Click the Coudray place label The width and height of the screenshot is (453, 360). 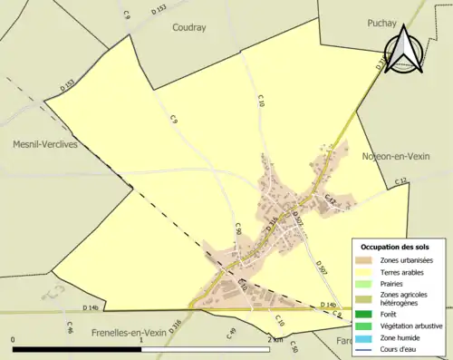pos(189,27)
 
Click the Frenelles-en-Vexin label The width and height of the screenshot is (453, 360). pos(133,334)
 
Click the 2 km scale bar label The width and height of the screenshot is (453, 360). pos(275,338)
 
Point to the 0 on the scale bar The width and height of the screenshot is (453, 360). pos(14,338)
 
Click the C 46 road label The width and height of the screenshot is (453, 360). pos(70,326)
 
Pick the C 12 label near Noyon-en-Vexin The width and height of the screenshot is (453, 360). pos(400,183)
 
